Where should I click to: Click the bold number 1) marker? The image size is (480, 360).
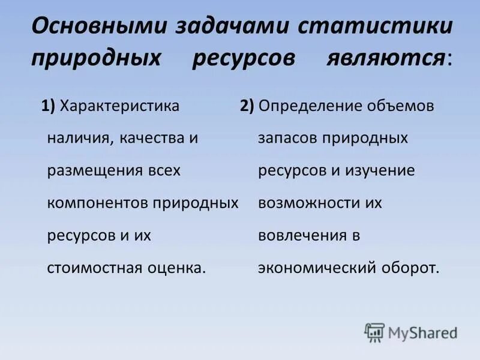point(49,106)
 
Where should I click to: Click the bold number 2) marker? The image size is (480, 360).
point(247,106)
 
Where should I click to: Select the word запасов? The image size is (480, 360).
point(288,139)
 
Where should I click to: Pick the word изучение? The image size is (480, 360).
point(382,171)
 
